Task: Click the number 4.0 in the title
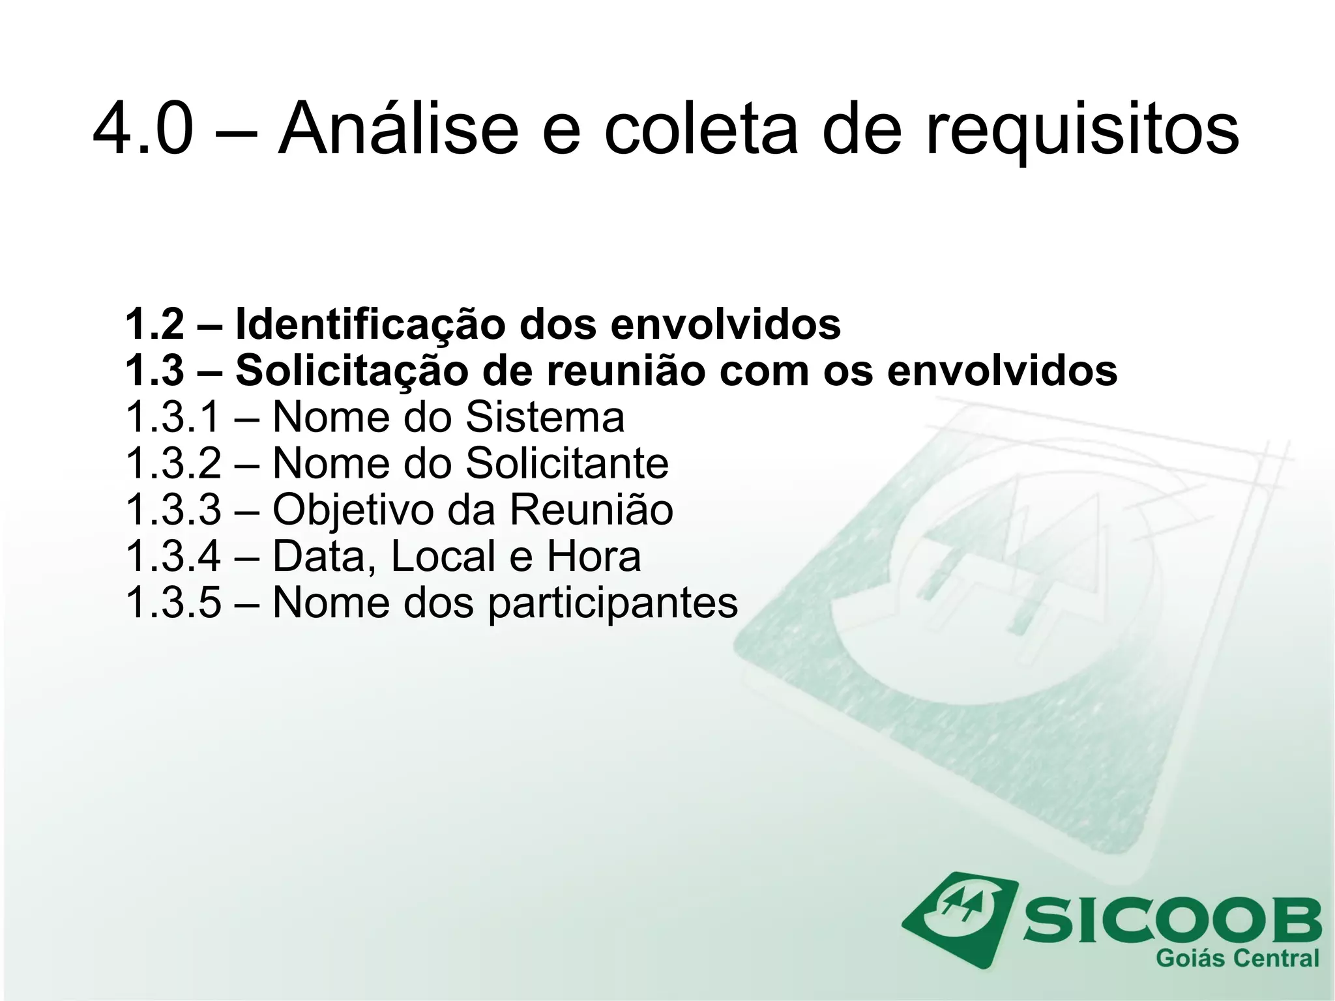tap(143, 129)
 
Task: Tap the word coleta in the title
tap(700, 129)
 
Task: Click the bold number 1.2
tap(154, 324)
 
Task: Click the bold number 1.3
tap(154, 370)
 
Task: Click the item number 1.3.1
tap(173, 417)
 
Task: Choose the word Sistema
tap(545, 417)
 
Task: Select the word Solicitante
tap(567, 463)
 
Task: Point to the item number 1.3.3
tap(173, 510)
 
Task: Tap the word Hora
tap(593, 557)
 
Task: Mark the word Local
tap(444, 557)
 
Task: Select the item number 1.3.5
tap(173, 603)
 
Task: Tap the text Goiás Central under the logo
tap(1237, 959)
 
